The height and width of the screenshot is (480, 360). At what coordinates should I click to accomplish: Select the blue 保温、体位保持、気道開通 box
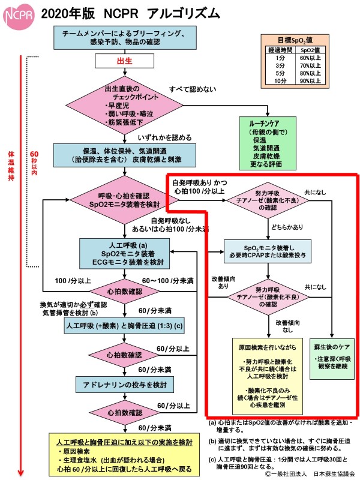tap(126, 155)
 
